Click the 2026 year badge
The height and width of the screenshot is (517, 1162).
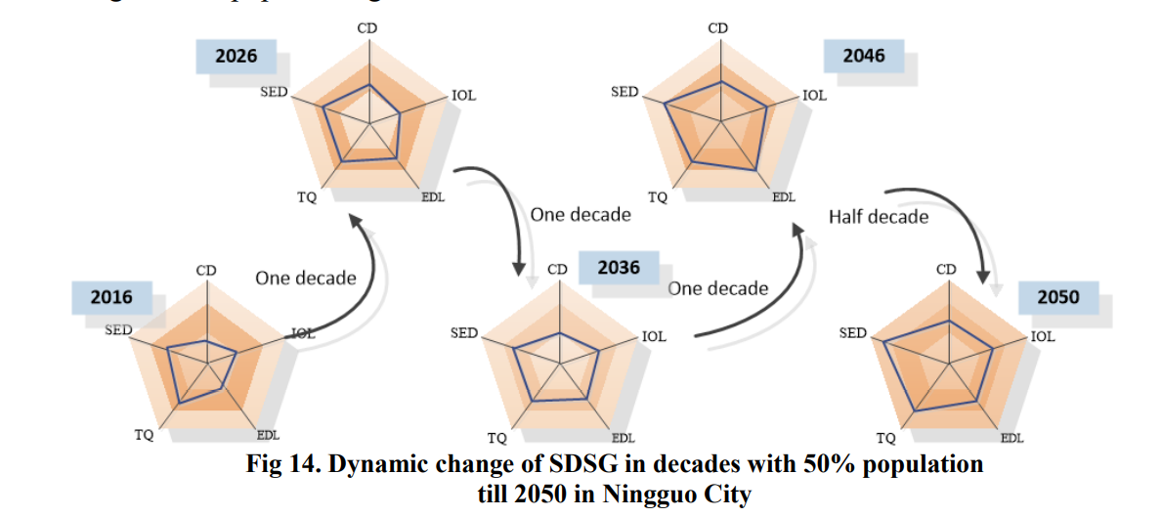pos(237,56)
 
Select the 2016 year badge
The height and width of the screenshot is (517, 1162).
pos(111,297)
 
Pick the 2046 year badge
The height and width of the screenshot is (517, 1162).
pos(864,56)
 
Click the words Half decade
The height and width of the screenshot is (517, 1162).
pos(879,216)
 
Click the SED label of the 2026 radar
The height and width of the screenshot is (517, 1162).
pos(272,92)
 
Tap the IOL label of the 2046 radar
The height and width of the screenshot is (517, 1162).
pos(814,96)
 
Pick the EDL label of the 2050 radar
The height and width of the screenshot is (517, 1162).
pos(1011,438)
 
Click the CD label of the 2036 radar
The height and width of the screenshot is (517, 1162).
pos(557,269)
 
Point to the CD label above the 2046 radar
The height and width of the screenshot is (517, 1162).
pos(717,28)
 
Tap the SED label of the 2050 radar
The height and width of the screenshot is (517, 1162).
pos(853,333)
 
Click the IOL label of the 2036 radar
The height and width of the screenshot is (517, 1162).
pos(654,336)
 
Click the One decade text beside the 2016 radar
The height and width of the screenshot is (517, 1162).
pos(306,279)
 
